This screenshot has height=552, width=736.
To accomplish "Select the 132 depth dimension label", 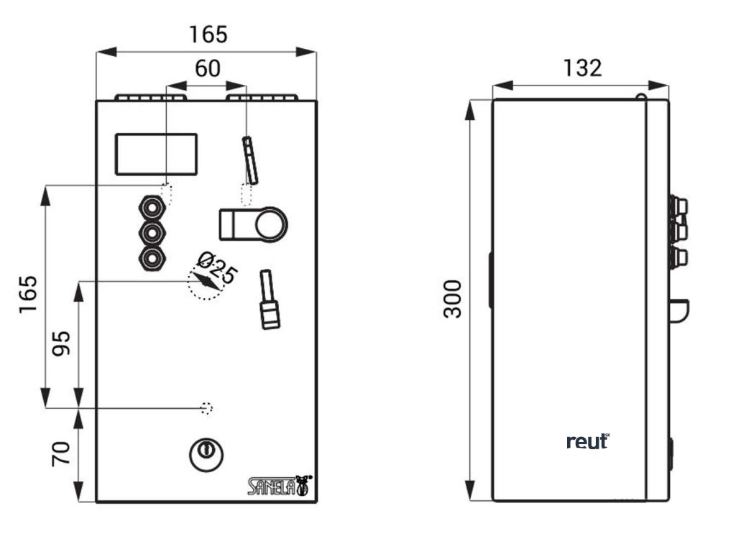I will coord(581,68).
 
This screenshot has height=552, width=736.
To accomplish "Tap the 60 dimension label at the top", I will coord(208,69).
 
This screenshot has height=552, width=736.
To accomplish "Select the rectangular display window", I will coord(157,154).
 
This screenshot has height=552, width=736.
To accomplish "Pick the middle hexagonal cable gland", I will coord(152,234).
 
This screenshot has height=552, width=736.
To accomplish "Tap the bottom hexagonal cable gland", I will coord(152,259).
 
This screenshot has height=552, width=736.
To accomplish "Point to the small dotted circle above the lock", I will coord(206,408).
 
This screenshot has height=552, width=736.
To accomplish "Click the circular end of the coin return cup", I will coord(270,224).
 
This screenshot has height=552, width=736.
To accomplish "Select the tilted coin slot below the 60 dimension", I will coord(250,160).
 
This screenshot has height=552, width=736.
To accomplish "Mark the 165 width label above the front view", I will coord(208,34).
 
